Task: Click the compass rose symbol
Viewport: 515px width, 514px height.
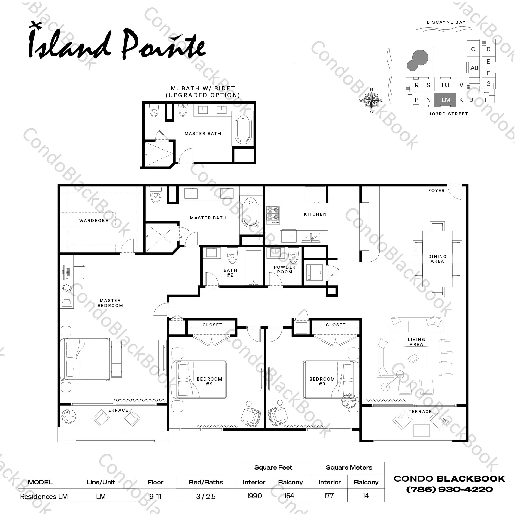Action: pyautogui.click(x=372, y=101)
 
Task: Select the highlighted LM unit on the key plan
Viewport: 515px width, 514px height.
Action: pyautogui.click(x=445, y=100)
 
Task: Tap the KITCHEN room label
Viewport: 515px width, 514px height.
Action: pyautogui.click(x=315, y=214)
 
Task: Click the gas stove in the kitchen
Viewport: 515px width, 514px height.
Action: pyautogui.click(x=273, y=215)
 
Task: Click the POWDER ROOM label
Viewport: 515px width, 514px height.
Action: pyautogui.click(x=285, y=269)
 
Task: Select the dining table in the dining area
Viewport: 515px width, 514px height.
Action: pyautogui.click(x=437, y=259)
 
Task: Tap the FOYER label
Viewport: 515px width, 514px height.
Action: pyautogui.click(x=436, y=191)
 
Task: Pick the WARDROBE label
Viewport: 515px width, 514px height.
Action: pyautogui.click(x=94, y=221)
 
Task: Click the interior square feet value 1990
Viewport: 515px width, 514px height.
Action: pyautogui.click(x=254, y=496)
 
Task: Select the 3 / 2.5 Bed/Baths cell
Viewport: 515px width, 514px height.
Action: pyautogui.click(x=206, y=496)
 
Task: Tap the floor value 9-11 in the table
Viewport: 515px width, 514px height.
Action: pyautogui.click(x=155, y=496)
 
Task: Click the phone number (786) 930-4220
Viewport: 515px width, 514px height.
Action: pyautogui.click(x=450, y=489)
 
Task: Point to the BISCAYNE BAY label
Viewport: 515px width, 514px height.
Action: pyautogui.click(x=446, y=22)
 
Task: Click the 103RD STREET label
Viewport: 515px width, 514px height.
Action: pyautogui.click(x=449, y=114)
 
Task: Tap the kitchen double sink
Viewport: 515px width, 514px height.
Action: pyautogui.click(x=311, y=236)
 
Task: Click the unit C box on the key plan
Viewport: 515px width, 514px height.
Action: pyautogui.click(x=473, y=49)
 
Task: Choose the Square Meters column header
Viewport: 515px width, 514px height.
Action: pyautogui.click(x=349, y=467)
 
